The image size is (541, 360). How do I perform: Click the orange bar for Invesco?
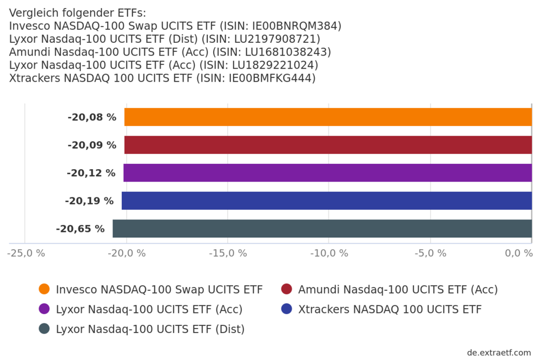click(x=328, y=117)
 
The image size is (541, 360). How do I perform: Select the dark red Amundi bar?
click(x=328, y=145)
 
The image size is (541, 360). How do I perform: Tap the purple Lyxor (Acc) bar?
click(x=328, y=173)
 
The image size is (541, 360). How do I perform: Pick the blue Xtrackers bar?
click(x=327, y=201)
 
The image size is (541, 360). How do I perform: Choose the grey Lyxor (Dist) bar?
click(x=322, y=229)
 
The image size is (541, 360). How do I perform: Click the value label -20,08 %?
click(x=92, y=117)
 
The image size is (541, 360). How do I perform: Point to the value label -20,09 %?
click(x=92, y=145)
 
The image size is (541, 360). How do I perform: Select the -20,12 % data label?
click(x=91, y=173)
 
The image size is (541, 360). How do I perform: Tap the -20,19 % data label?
click(x=89, y=201)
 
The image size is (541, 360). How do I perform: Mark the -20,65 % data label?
click(x=80, y=229)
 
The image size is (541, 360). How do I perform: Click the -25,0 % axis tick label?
click(x=27, y=253)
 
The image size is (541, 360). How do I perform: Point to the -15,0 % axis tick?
click(x=228, y=253)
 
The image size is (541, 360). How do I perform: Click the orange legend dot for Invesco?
click(x=44, y=289)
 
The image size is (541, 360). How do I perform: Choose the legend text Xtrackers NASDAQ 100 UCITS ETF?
click(x=390, y=309)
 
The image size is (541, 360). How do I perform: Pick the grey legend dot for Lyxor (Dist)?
click(x=44, y=329)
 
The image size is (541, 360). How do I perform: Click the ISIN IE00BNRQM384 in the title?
click(x=296, y=26)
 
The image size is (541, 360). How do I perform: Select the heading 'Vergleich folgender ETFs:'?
click(x=77, y=13)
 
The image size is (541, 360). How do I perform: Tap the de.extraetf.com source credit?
click(x=499, y=352)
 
